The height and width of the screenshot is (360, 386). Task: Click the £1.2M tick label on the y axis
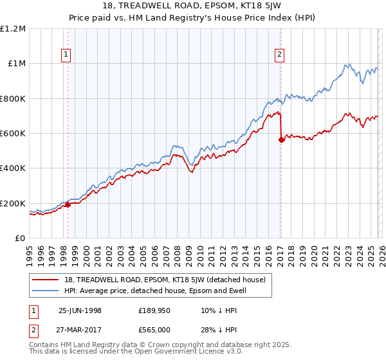(13, 29)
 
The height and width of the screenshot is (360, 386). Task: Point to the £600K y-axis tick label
(13, 134)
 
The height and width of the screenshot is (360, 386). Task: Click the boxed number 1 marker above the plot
(68, 55)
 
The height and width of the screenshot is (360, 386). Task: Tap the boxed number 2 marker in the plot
(280, 55)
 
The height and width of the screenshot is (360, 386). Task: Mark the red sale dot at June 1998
(68, 205)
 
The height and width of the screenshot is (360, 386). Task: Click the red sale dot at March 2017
(281, 139)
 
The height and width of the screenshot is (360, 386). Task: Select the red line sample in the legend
(46, 280)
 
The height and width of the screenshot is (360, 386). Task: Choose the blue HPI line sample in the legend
(46, 291)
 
